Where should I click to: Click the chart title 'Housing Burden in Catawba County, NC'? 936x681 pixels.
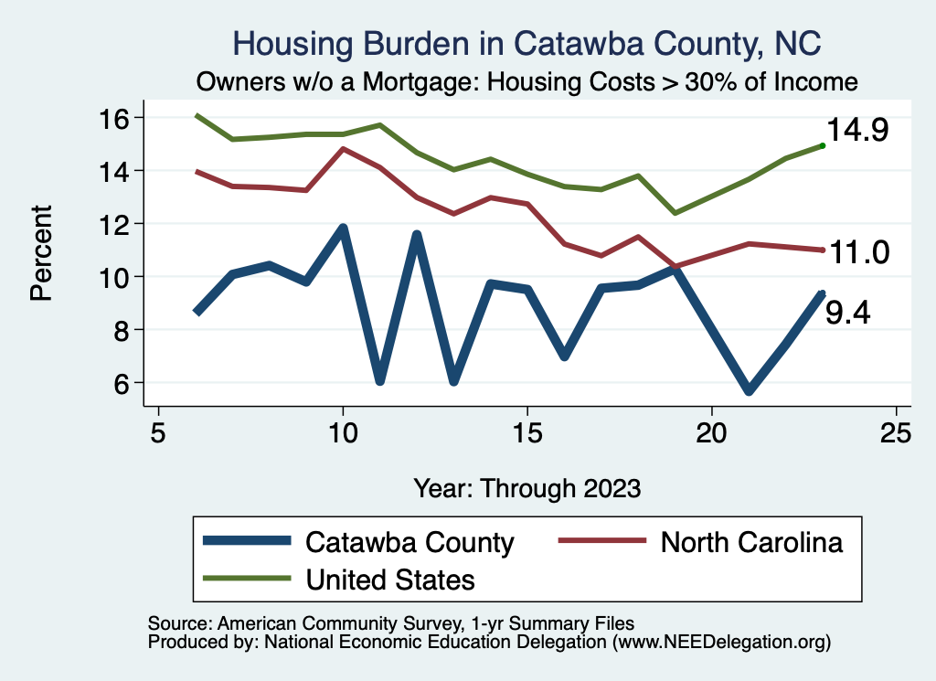coord(526,43)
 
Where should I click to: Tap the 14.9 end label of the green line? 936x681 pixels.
coord(857,131)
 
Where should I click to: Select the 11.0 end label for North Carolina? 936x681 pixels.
coord(857,252)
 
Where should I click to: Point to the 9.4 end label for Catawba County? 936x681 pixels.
coord(847,314)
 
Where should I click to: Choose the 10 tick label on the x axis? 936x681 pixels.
coord(343,432)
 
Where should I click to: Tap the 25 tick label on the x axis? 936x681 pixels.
coord(896,432)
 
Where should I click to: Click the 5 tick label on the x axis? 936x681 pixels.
coord(159,432)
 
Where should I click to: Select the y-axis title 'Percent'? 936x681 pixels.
coord(41,251)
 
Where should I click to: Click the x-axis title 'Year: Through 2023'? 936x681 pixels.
coord(526,487)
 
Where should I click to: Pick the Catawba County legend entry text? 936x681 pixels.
coord(410,542)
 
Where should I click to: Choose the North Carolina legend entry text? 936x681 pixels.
coord(751,542)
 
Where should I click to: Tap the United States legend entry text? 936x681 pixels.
coord(390,579)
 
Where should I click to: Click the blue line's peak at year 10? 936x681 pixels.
coord(343,228)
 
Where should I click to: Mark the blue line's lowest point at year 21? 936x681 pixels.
coord(749,390)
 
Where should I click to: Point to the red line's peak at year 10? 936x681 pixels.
coord(343,148)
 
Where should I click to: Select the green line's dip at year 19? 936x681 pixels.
coord(675,213)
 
